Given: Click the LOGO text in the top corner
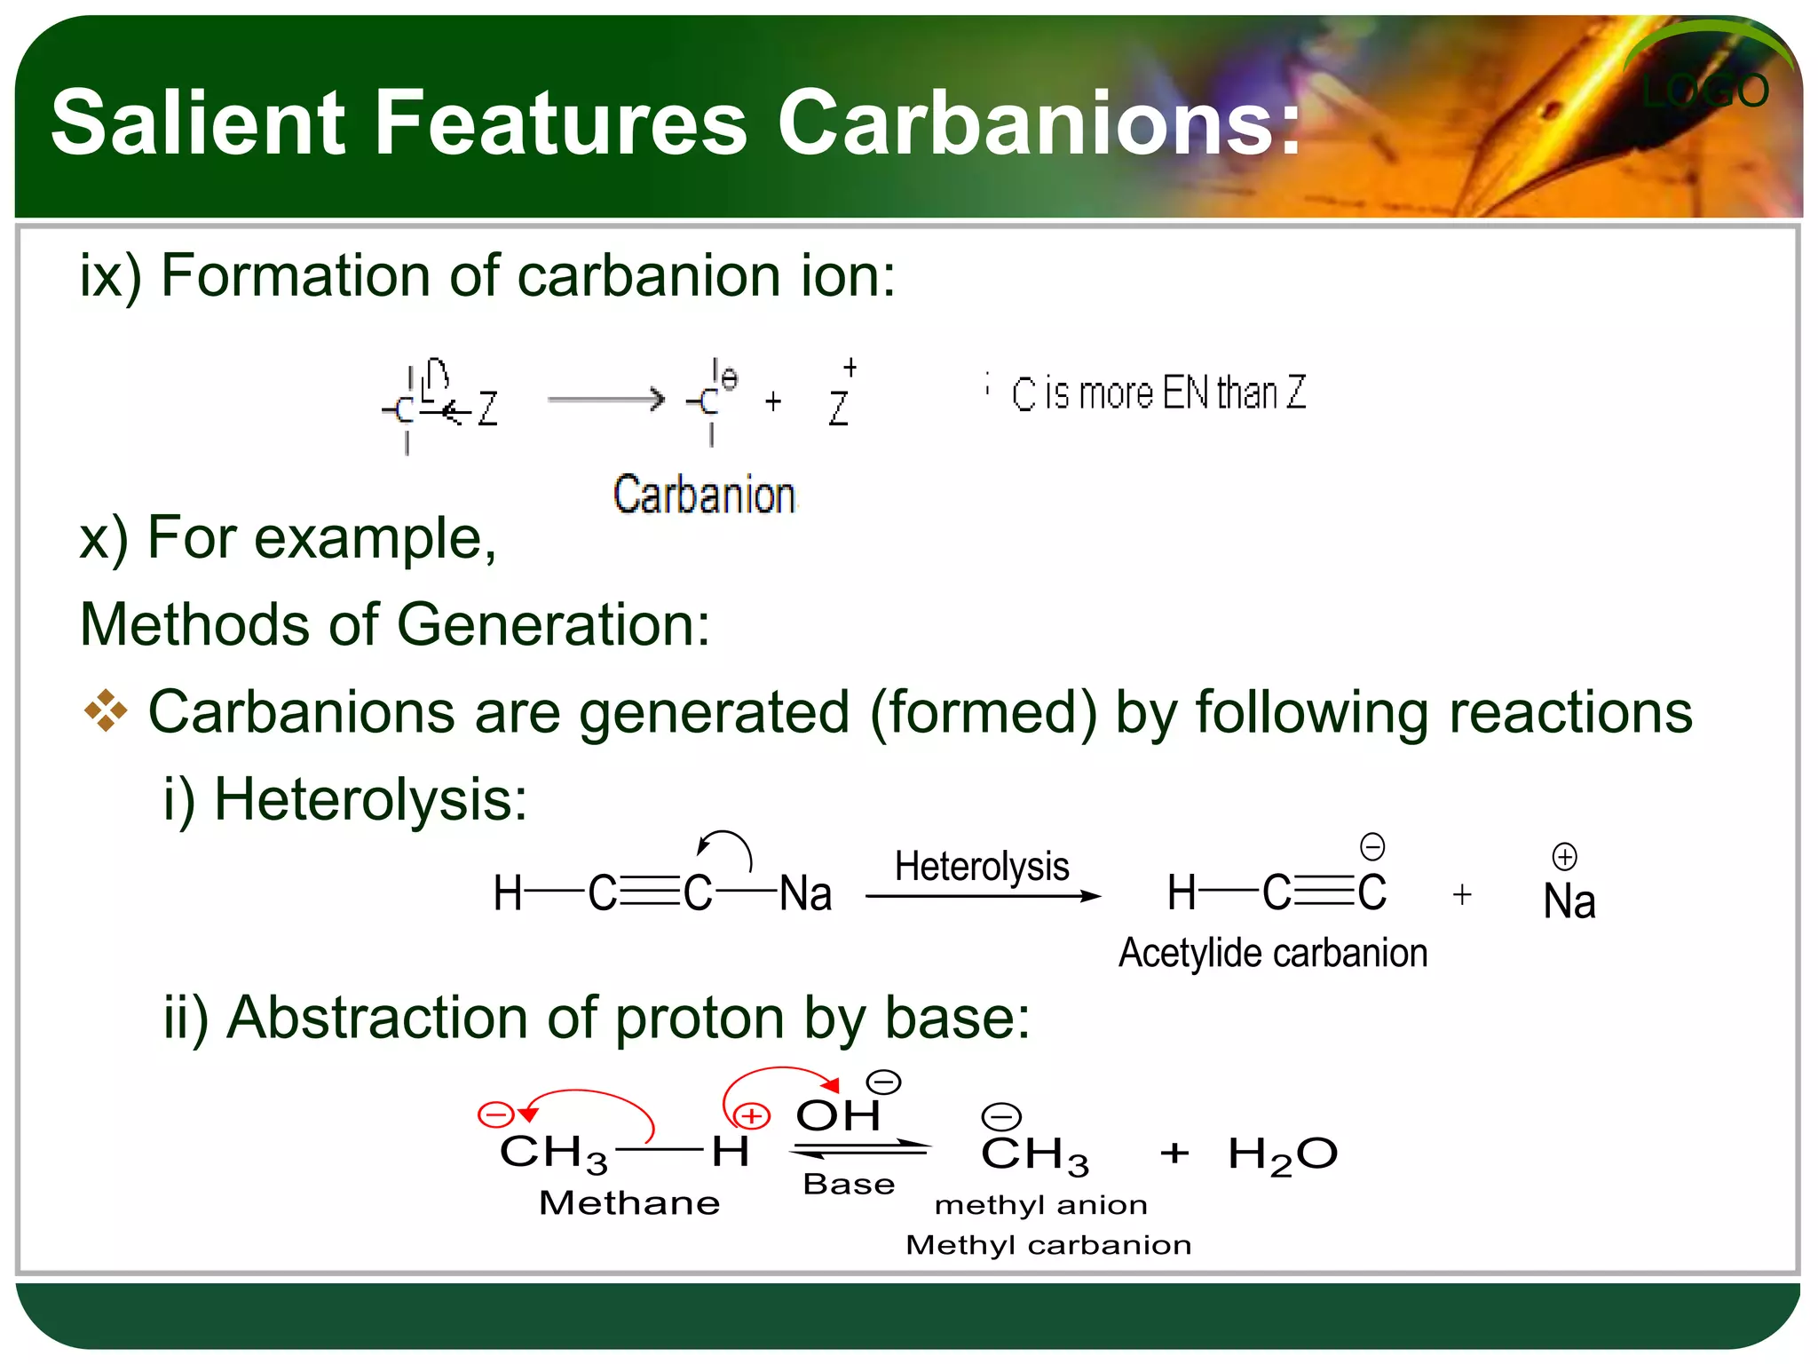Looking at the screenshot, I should tap(1704, 91).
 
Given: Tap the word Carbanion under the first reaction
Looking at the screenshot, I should tap(704, 495).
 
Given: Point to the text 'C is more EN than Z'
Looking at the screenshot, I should tap(1158, 393).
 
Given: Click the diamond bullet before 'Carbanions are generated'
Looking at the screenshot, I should tap(106, 711).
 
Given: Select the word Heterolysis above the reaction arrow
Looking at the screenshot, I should tap(982, 866).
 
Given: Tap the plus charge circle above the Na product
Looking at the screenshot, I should tap(1564, 856).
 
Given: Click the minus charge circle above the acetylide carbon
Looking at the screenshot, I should tap(1372, 846).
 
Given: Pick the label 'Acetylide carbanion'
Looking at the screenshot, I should tap(1273, 953).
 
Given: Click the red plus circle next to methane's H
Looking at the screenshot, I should tap(752, 1115).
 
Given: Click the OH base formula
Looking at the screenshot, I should tap(837, 1115).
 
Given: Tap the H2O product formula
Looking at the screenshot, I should tap(1282, 1155).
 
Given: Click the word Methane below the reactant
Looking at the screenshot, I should tap(629, 1203).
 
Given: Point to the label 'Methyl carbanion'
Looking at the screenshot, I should tap(1048, 1245).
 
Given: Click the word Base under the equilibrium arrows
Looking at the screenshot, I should tap(849, 1185).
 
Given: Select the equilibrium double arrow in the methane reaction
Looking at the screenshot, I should tap(859, 1149).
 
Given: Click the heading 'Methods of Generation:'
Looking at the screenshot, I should tap(395, 624).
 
